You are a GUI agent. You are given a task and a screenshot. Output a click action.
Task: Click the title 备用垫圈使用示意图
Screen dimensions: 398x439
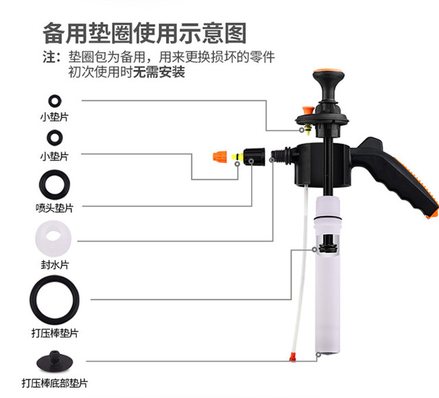[x=144, y=32]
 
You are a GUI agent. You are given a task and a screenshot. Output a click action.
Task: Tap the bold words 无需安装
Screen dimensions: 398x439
[x=160, y=72]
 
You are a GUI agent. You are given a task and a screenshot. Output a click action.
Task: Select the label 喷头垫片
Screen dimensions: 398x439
[x=54, y=207]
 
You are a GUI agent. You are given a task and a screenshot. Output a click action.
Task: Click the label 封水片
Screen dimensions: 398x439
[x=54, y=264]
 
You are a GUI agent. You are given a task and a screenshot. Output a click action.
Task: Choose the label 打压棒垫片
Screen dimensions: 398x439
[x=54, y=333]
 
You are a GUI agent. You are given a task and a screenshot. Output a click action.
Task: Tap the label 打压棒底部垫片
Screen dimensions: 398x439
[x=54, y=383]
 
